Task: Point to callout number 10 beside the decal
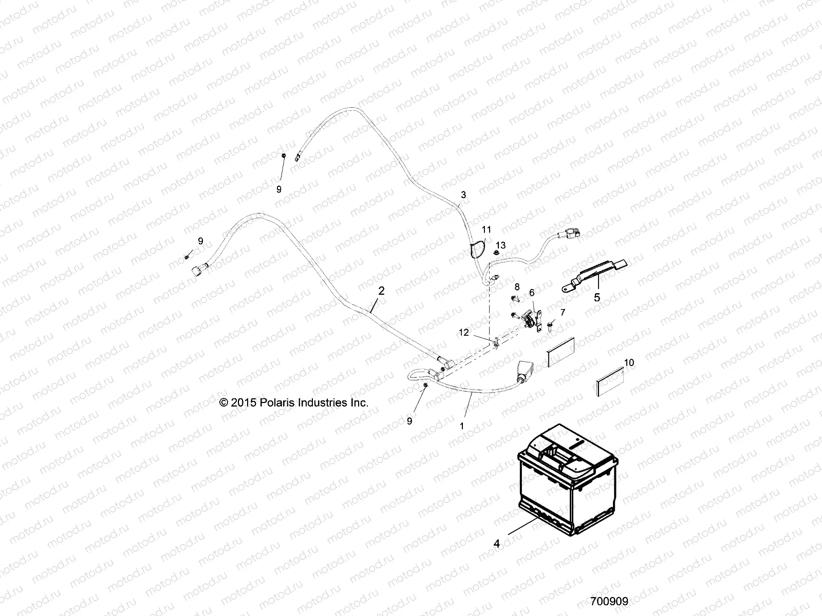(629, 362)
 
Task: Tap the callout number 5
(596, 297)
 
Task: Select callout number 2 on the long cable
(381, 291)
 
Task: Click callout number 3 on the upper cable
(463, 195)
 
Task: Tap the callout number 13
(501, 245)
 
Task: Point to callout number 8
(517, 286)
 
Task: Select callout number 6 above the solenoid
(532, 292)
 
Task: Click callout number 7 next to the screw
(562, 312)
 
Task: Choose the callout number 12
(464, 333)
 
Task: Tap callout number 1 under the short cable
(461, 426)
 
